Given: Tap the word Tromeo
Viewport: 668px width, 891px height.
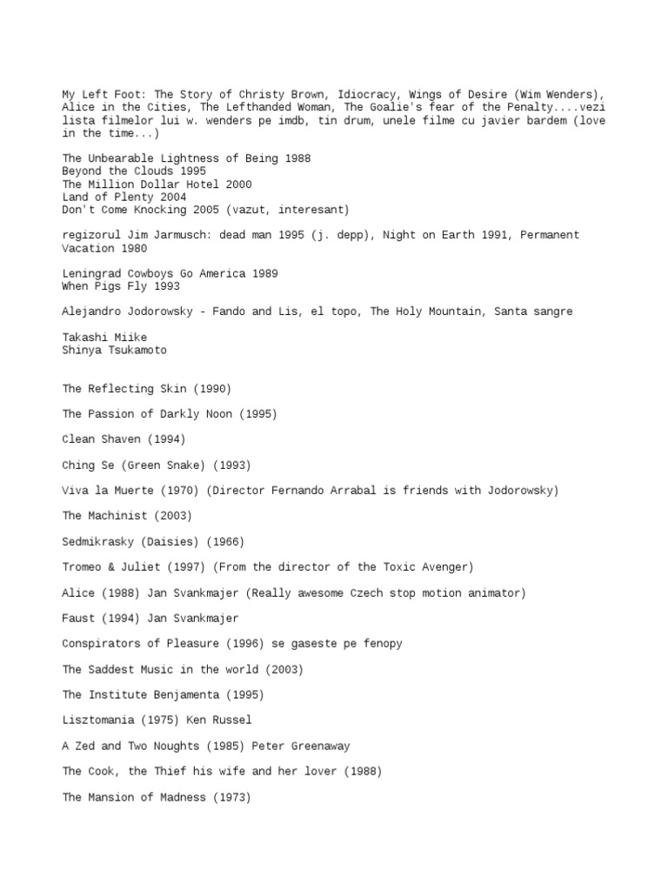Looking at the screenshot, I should [83, 567].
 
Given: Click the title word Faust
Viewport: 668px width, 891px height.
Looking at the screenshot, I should [80, 619].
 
